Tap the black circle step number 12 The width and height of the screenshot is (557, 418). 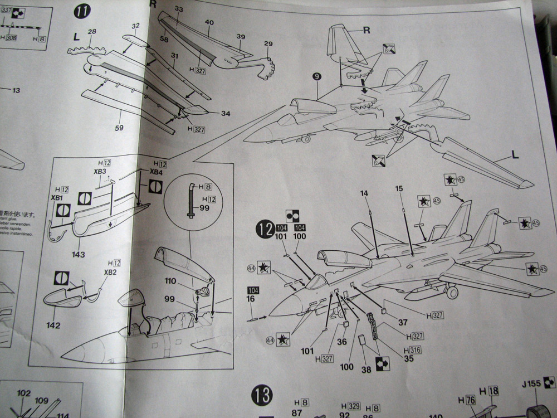(264, 229)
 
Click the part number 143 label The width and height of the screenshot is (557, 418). (78, 255)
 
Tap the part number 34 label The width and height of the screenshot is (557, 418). (225, 114)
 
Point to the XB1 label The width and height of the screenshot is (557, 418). (56, 198)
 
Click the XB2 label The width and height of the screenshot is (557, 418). (111, 273)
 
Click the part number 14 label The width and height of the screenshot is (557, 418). (364, 193)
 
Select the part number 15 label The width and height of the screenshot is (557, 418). (399, 189)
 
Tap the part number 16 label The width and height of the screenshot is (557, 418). (251, 300)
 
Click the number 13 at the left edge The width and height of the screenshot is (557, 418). (15, 90)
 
